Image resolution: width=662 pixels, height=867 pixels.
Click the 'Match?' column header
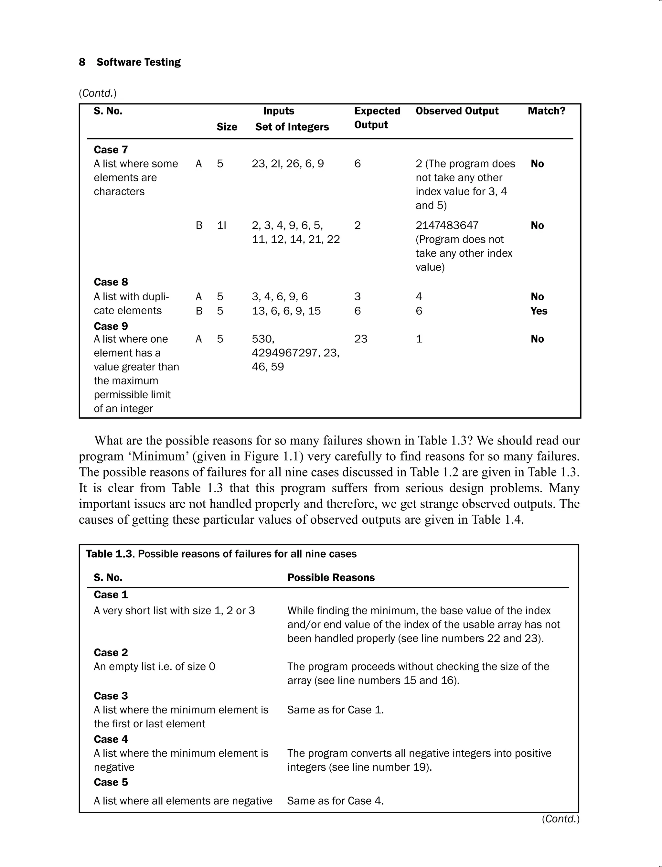pyautogui.click(x=546, y=111)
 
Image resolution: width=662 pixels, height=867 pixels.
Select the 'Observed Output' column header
pyautogui.click(x=457, y=111)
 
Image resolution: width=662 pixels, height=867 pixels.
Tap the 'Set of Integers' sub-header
pyautogui.click(x=292, y=127)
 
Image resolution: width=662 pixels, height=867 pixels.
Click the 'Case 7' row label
pyautogui.click(x=111, y=150)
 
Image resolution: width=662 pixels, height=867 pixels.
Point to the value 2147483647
pyautogui.click(x=447, y=225)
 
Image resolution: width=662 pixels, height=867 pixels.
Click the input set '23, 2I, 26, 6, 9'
pyautogui.click(x=288, y=164)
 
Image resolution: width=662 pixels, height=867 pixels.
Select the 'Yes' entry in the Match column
pyautogui.click(x=539, y=311)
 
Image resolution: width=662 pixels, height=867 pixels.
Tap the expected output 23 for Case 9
pyautogui.click(x=360, y=339)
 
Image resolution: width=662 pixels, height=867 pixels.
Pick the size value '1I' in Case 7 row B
pyautogui.click(x=221, y=225)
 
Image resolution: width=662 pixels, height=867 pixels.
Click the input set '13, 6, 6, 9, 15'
pyautogui.click(x=286, y=311)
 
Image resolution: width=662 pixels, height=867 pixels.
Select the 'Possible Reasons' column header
pyautogui.click(x=331, y=578)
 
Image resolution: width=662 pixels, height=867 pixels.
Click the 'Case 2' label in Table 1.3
pyautogui.click(x=111, y=653)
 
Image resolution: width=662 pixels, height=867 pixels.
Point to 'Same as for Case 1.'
pyautogui.click(x=335, y=710)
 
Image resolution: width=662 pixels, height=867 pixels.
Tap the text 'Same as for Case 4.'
pyautogui.click(x=335, y=801)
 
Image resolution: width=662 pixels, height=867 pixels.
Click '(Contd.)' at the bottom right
pyautogui.click(x=560, y=819)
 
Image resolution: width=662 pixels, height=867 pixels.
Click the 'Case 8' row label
pyautogui.click(x=111, y=282)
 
